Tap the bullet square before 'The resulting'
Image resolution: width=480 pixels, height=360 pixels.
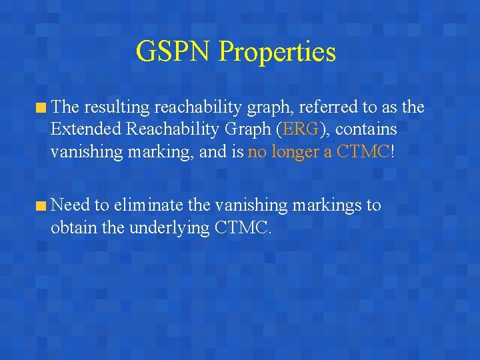point(42,107)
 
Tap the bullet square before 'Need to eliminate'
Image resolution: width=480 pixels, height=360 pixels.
point(42,205)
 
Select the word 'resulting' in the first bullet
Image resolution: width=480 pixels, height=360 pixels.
point(117,107)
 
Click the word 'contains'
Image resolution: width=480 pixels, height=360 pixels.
point(366,129)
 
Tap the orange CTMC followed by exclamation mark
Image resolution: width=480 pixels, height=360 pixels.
point(363,151)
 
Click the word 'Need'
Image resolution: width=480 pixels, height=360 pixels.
point(69,205)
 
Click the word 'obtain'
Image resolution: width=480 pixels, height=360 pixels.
point(73,227)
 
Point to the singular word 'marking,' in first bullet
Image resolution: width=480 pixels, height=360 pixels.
point(157,153)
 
